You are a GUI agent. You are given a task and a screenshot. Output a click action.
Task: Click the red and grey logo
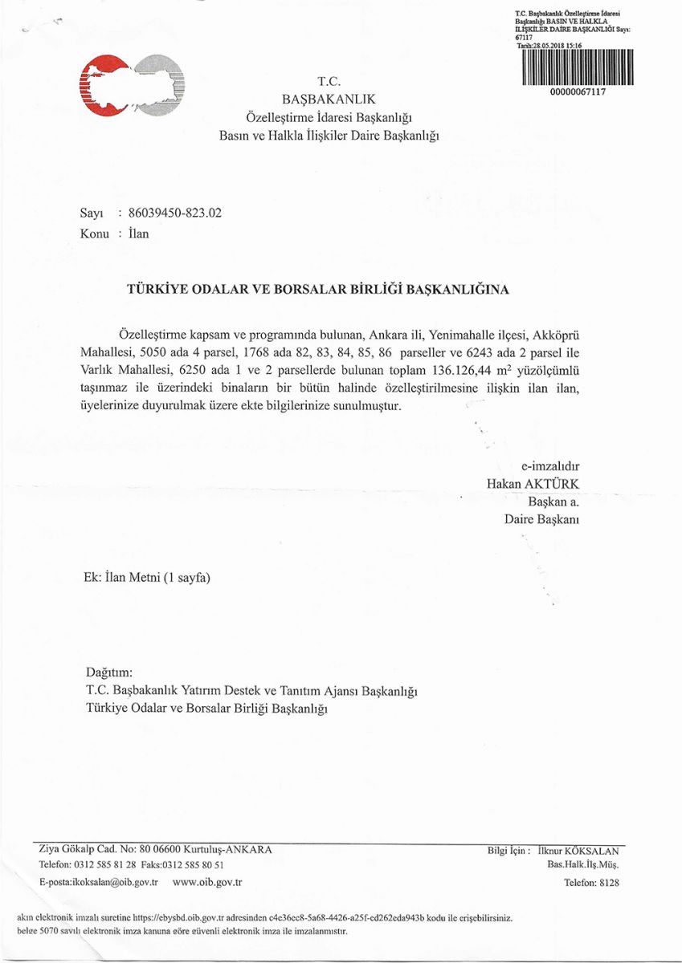click(133, 84)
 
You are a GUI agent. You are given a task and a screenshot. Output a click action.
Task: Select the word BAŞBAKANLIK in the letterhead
click(329, 100)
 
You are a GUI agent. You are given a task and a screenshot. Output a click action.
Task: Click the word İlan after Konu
click(138, 234)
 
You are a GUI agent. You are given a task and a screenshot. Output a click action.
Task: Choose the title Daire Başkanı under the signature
click(542, 519)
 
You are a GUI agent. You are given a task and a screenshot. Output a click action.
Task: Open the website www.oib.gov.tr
click(206, 883)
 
